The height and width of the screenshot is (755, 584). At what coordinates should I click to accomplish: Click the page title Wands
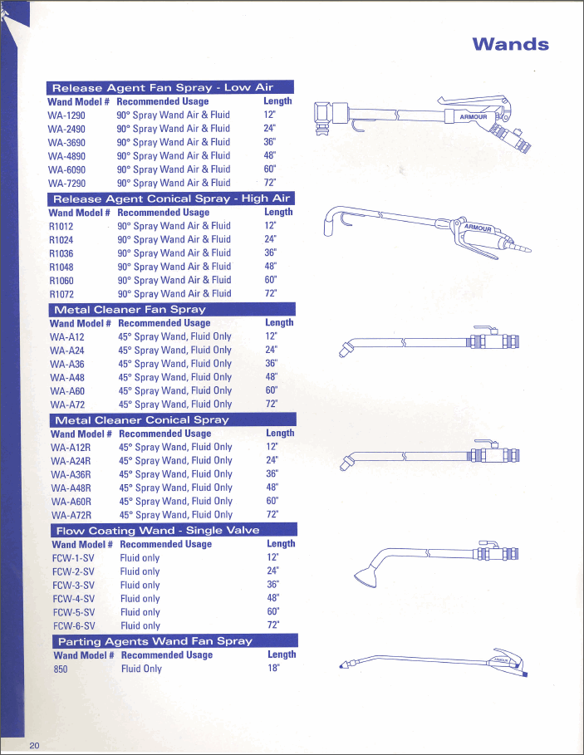tap(510, 44)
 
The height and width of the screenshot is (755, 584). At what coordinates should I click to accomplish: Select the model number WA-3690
tap(66, 142)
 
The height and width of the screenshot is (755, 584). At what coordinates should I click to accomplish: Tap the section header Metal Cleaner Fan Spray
tap(129, 309)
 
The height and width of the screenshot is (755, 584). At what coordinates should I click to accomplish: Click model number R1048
tap(61, 267)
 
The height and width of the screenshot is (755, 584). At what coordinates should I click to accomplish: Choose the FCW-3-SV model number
tap(73, 585)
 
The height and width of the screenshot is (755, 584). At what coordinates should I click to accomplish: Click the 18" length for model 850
tap(273, 669)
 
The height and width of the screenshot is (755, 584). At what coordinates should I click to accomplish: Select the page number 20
tap(34, 745)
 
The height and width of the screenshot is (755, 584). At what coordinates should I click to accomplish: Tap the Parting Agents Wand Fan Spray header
tap(154, 641)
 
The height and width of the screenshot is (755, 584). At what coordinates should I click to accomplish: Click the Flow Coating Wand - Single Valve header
tap(157, 530)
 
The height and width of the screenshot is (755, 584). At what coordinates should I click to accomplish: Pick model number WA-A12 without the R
tap(66, 337)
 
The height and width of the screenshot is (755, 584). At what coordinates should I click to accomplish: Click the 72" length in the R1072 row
tap(271, 293)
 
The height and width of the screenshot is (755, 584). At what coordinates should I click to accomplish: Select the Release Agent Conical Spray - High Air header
tap(171, 199)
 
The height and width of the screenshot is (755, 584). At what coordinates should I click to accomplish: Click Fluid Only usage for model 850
tap(141, 669)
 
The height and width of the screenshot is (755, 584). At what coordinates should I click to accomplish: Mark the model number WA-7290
tap(66, 183)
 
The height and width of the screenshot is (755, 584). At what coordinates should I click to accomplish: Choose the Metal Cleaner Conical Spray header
tap(140, 419)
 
